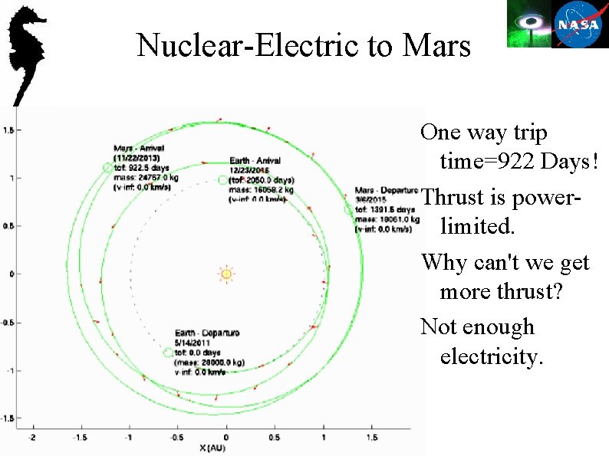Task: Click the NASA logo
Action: point(581,24)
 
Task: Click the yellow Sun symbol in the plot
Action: point(225,274)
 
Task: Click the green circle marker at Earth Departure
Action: point(168,352)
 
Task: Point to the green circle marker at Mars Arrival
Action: point(107,167)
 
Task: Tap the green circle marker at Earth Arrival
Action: point(222,180)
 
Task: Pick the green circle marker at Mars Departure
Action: point(348,208)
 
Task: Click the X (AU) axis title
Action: point(214,447)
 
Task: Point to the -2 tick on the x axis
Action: point(32,437)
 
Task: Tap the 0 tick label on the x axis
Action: point(226,437)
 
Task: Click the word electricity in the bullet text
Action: point(492,356)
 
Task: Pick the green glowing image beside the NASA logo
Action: point(528,24)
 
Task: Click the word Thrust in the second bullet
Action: point(453,198)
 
